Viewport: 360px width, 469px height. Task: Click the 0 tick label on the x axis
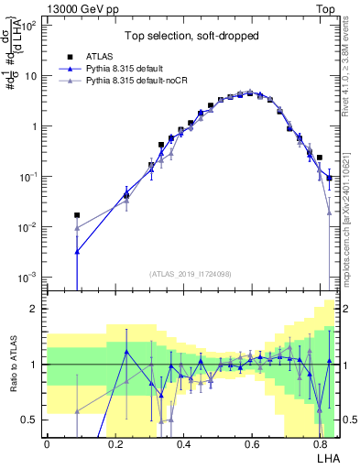pyautogui.click(x=47, y=443)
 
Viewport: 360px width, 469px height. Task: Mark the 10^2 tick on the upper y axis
pyautogui.click(x=28, y=26)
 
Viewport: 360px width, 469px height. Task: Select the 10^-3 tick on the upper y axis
pyautogui.click(x=28, y=276)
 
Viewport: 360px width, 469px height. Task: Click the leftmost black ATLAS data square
pyautogui.click(x=77, y=215)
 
